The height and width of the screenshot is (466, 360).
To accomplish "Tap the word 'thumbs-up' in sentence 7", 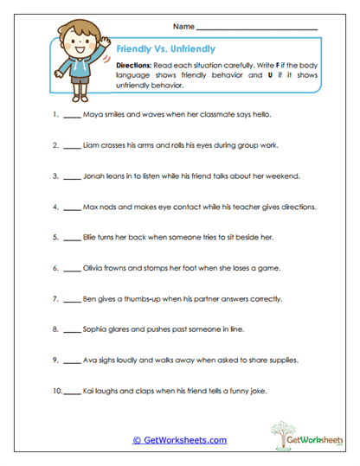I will [142, 297].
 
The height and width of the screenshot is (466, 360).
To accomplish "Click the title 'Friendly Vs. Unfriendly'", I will [164, 49].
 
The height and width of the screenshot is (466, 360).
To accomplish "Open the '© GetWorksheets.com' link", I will [179, 439].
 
